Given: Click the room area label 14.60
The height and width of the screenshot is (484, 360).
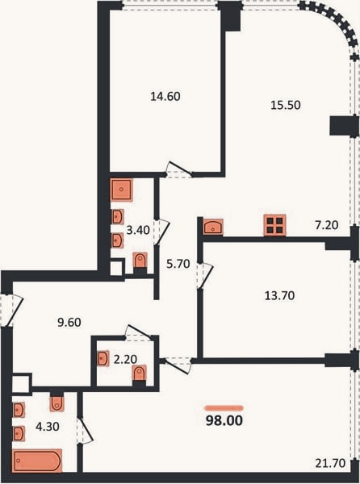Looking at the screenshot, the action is (x=165, y=97).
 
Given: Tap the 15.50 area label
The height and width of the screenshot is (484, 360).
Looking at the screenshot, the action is (x=286, y=105).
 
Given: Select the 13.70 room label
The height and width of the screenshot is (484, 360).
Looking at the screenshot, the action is (x=280, y=296).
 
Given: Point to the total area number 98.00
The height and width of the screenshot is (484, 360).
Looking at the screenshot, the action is (x=224, y=421).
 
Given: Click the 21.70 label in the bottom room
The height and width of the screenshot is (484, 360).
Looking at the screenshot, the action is (x=330, y=463).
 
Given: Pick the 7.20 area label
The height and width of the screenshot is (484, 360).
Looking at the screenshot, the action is (x=327, y=225).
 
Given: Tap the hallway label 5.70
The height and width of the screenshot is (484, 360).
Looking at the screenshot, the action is (x=178, y=265).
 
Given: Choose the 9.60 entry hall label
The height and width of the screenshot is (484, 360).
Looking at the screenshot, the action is (x=69, y=323).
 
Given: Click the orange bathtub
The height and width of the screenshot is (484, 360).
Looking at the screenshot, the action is (x=37, y=461).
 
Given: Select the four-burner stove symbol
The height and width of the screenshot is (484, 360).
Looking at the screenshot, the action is (x=274, y=225).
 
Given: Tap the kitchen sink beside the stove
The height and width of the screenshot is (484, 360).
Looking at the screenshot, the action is (x=213, y=227).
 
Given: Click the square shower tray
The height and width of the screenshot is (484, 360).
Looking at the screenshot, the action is (x=121, y=190).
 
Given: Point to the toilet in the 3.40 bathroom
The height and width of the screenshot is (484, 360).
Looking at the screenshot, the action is (x=140, y=261).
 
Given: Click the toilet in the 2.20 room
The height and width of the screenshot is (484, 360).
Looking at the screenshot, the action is (x=140, y=374).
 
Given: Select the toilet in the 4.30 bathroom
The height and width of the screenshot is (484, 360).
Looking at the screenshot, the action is (x=57, y=403).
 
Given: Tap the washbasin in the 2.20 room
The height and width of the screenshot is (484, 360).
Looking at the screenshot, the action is (x=103, y=359).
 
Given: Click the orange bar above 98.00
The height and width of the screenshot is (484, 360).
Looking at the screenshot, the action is (x=224, y=408).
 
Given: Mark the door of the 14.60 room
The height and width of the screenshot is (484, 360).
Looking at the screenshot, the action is (x=178, y=169).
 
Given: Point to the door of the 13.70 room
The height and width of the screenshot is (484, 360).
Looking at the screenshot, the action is (x=205, y=276).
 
